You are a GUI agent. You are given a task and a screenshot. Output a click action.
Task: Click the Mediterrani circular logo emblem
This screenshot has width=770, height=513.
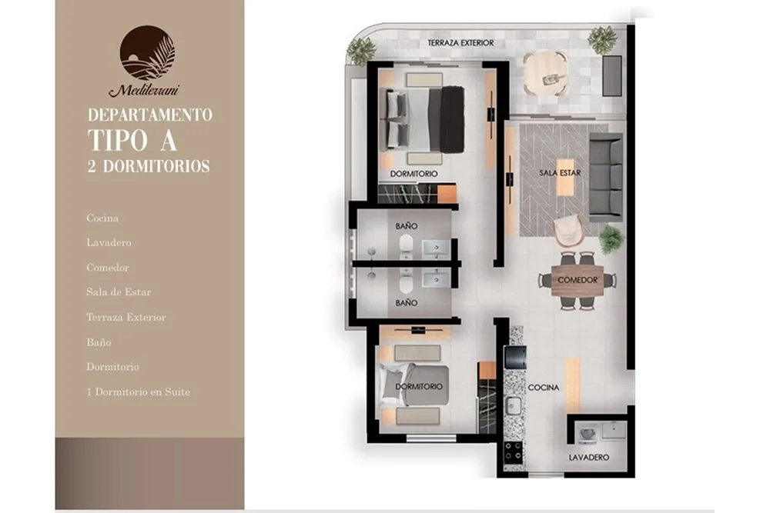(147, 53)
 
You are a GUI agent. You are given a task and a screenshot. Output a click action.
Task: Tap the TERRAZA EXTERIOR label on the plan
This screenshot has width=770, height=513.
(460, 43)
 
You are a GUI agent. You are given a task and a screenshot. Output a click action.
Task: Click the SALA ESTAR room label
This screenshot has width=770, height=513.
(560, 172)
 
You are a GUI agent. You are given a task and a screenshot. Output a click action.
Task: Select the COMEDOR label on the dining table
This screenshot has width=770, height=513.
(577, 280)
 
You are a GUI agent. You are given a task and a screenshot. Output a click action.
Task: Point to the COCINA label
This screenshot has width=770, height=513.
(544, 388)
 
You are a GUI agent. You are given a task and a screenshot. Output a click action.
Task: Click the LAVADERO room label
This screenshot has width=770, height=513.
(589, 457)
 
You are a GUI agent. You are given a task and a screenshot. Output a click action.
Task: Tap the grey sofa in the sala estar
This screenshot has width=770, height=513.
(606, 177)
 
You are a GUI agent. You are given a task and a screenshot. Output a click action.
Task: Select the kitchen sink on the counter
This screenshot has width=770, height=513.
(514, 405)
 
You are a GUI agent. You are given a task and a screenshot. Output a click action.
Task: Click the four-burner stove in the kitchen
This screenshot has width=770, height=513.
(513, 452)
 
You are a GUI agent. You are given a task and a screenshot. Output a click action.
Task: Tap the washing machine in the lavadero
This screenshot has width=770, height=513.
(586, 434)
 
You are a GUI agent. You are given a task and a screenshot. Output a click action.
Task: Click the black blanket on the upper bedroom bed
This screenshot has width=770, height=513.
(452, 119)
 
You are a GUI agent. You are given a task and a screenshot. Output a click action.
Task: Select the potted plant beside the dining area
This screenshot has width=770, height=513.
(611, 239)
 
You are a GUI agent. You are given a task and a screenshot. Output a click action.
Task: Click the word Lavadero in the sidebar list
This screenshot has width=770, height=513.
(109, 242)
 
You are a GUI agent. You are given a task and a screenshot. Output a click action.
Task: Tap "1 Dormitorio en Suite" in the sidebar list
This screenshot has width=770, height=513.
(138, 391)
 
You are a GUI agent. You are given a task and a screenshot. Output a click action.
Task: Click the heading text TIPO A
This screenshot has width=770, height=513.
(132, 141)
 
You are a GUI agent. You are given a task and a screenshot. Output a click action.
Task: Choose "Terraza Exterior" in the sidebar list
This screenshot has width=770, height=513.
(126, 318)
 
